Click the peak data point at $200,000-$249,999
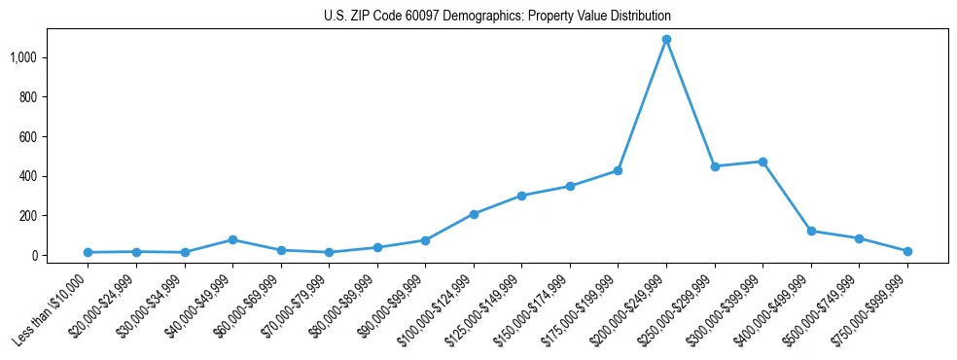tap(666, 40)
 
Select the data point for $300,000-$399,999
tap(762, 162)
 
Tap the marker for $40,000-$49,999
tap(232, 239)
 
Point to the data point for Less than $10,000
tap(88, 252)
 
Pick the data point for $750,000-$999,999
tap(907, 251)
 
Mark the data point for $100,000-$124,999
tap(474, 214)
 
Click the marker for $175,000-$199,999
tap(618, 171)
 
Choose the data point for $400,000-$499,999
tap(811, 232)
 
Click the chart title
tap(497, 17)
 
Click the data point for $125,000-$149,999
tap(521, 196)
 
